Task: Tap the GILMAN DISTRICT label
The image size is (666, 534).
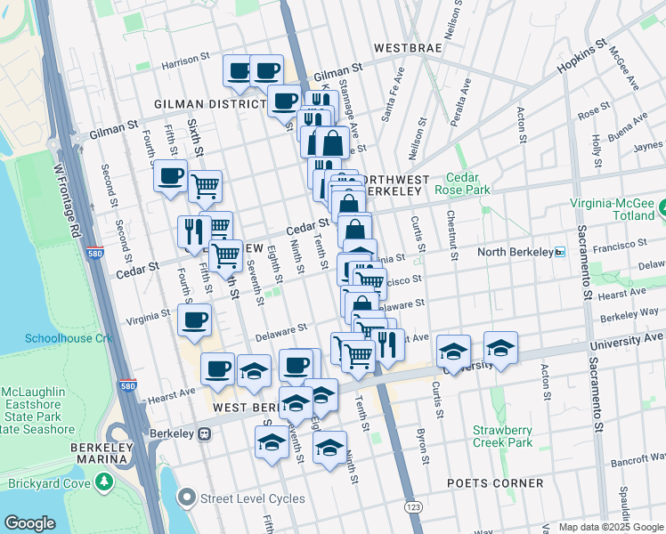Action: [x=210, y=104]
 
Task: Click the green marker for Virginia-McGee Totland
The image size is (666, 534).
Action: [x=662, y=210]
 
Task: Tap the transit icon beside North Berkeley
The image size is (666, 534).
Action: [x=560, y=252]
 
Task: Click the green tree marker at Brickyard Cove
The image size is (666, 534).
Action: [x=105, y=481]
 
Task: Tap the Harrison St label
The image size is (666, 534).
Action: [x=190, y=64]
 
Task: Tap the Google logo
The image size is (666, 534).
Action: [x=29, y=523]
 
